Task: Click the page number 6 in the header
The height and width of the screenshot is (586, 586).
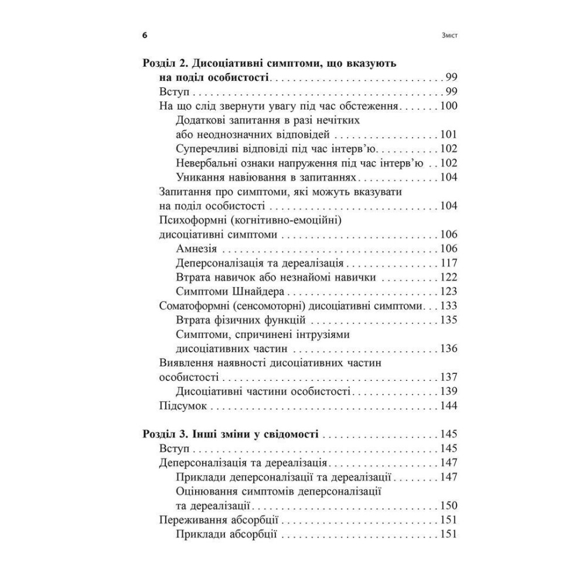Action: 145,35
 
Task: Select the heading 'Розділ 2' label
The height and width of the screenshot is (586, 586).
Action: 166,62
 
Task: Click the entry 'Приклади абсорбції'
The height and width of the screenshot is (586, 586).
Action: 226,534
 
